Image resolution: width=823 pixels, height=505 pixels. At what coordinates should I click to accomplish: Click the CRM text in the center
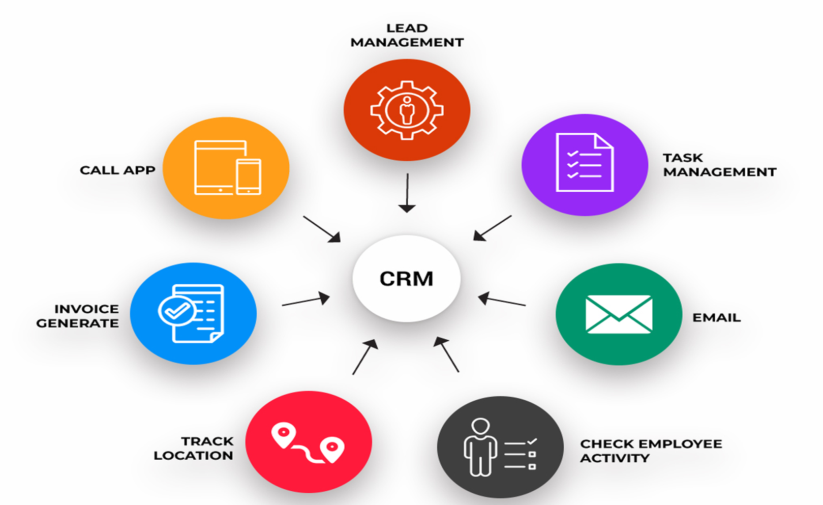406,279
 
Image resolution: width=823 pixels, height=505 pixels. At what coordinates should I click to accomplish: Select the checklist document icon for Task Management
585,162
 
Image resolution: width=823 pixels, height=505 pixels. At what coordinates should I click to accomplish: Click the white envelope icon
619,314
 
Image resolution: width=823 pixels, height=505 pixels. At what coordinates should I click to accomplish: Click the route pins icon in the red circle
308,443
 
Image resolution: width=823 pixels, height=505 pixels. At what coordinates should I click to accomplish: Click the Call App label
117,170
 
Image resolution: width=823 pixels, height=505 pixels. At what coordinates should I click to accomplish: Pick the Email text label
716,317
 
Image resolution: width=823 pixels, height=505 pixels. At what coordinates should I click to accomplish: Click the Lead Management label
407,35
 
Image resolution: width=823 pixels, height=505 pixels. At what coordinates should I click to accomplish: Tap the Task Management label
720,165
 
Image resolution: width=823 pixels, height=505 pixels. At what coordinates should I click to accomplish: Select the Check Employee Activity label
651,451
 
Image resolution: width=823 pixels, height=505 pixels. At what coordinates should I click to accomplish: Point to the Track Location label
194,449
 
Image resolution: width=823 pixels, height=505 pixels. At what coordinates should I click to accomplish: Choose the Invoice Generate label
78,316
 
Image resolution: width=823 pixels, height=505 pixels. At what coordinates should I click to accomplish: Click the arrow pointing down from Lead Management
407,193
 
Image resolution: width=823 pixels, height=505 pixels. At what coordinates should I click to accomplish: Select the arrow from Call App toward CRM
322,229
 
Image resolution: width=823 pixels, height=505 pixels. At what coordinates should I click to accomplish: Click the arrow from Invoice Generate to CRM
306,299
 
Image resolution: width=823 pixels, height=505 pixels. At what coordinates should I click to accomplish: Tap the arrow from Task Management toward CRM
493,228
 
